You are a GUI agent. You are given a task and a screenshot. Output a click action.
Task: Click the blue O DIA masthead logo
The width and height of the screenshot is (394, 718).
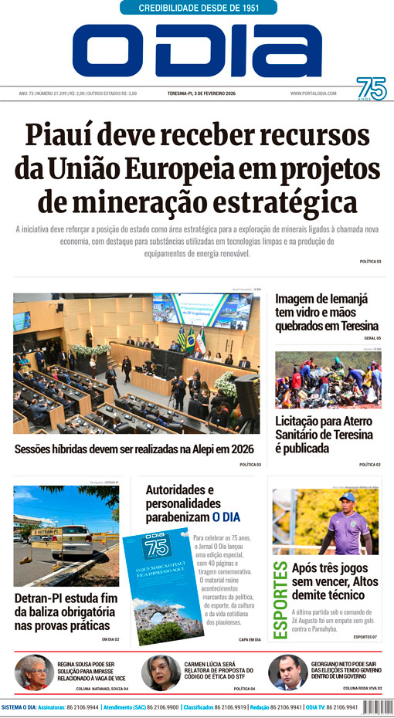click(x=197, y=50)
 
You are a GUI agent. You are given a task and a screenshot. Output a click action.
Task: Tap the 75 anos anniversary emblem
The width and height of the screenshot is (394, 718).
click(x=371, y=89)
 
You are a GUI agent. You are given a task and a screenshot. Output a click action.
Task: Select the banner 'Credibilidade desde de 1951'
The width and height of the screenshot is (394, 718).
click(x=199, y=8)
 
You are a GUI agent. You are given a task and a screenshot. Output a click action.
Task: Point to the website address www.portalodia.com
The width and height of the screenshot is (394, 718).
click(x=314, y=93)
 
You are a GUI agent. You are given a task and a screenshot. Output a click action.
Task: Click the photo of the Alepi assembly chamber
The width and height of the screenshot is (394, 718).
click(x=136, y=364)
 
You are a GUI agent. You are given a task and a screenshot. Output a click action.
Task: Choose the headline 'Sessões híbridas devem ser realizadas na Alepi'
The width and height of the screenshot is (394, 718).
click(x=134, y=449)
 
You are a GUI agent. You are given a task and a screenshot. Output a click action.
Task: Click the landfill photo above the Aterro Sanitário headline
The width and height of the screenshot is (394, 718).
click(x=328, y=380)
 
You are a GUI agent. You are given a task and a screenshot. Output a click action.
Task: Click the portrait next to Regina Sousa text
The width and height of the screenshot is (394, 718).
click(x=34, y=672)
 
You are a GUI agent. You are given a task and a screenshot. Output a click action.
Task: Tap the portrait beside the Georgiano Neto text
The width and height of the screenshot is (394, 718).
click(x=287, y=672)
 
